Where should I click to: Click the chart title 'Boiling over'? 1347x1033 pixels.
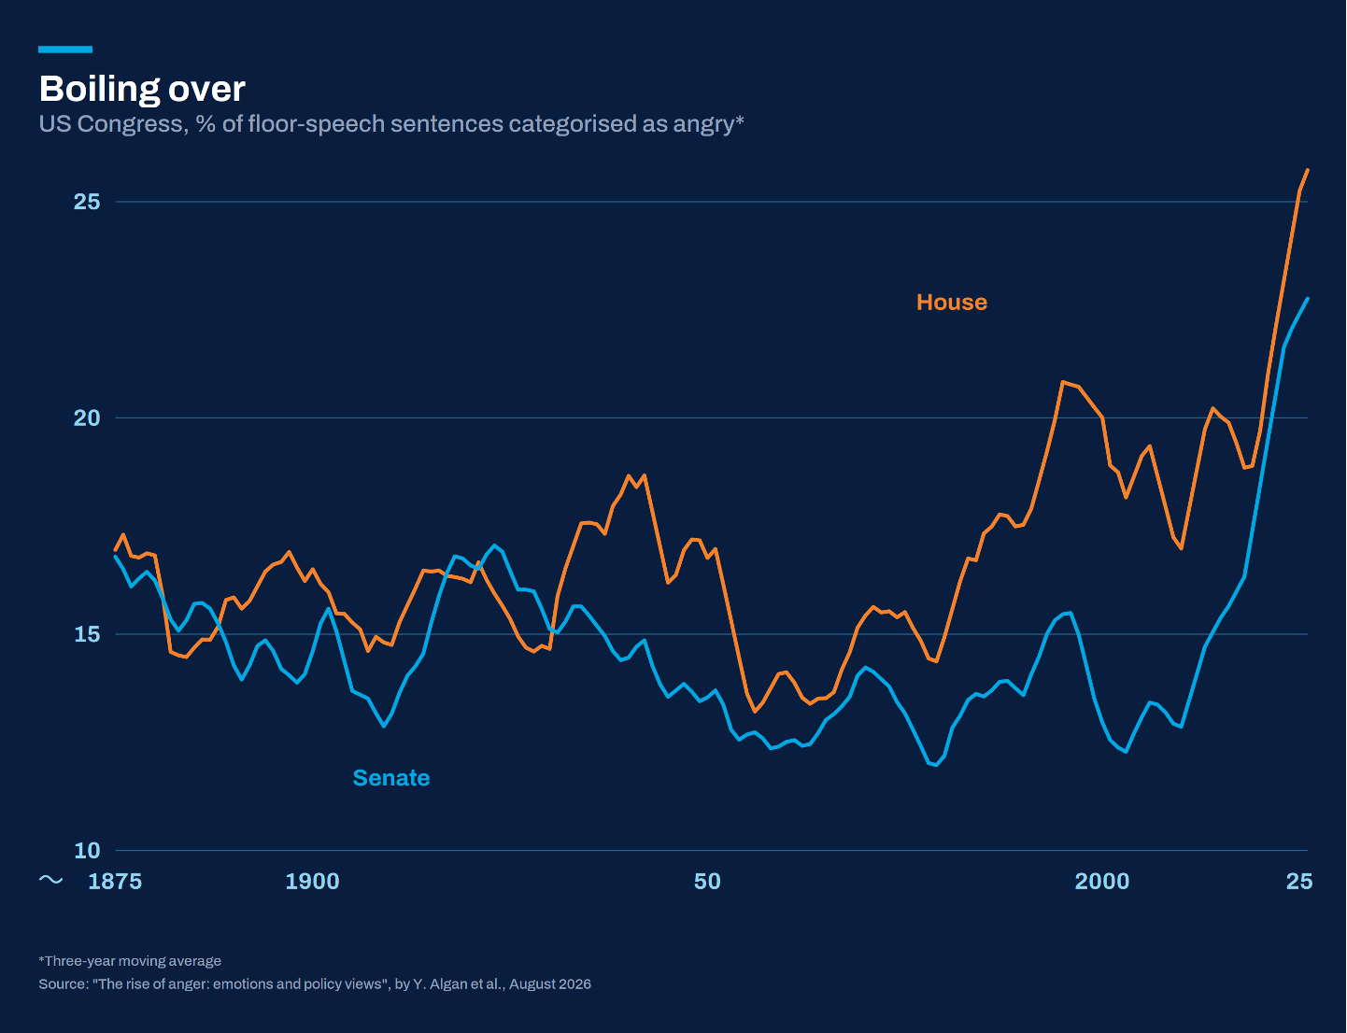(142, 90)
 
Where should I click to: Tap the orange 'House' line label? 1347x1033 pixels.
(952, 303)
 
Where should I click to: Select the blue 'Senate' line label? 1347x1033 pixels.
(391, 778)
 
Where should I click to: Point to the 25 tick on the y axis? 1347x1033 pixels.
(87, 202)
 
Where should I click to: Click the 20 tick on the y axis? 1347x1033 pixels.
(87, 418)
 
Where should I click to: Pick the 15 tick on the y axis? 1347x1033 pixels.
(87, 634)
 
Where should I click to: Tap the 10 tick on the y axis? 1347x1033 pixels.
(87, 850)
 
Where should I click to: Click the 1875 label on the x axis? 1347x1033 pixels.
(115, 881)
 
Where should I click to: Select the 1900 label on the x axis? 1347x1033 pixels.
(312, 881)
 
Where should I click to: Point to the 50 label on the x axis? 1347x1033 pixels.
(707, 881)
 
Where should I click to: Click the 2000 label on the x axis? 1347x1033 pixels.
(1102, 881)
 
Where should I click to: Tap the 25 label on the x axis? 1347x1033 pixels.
(1299, 881)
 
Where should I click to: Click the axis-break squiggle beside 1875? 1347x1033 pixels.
(50, 880)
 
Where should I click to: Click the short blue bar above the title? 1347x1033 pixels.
(65, 50)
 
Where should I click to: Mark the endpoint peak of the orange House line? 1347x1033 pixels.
(1308, 170)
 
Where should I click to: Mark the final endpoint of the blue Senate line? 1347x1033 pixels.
(1308, 299)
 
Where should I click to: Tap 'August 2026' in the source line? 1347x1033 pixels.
(550, 984)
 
